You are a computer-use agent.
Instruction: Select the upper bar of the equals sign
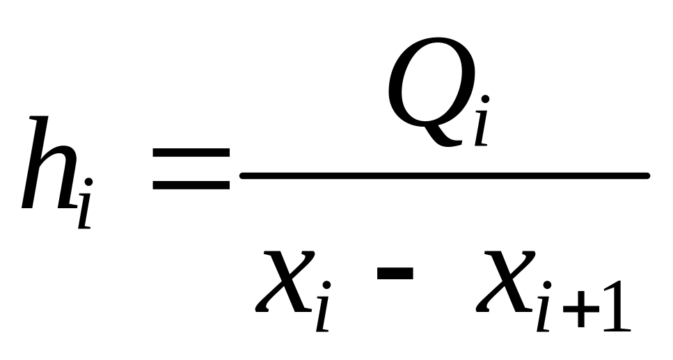(191, 152)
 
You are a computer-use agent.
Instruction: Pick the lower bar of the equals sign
(191, 185)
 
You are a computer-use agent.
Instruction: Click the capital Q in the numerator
(431, 91)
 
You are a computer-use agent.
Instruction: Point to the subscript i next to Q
(482, 120)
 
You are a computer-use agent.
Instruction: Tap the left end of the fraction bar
(242, 175)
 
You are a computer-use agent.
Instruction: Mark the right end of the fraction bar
(647, 175)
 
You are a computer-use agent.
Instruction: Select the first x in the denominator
(285, 281)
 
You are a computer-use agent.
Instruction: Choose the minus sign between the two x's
(395, 273)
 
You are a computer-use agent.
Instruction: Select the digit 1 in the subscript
(617, 305)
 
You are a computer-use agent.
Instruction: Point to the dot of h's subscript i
(89, 182)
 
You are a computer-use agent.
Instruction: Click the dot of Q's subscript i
(485, 100)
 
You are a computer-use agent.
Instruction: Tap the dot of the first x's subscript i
(327, 285)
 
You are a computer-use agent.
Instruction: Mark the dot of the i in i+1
(548, 285)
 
